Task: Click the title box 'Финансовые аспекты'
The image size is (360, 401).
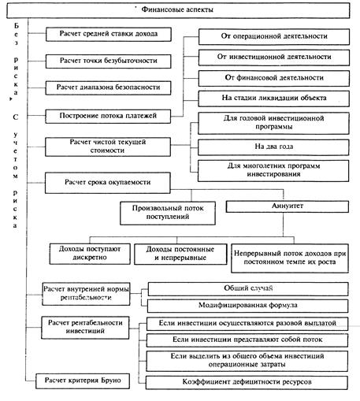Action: coord(178,10)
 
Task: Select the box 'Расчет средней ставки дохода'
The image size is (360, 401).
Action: coord(109,34)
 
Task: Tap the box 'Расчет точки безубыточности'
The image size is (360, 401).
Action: coord(109,61)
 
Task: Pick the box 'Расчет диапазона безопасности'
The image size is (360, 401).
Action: coord(108,87)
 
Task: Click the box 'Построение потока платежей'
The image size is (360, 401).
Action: coord(108,116)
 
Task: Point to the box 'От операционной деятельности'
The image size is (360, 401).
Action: coord(274,36)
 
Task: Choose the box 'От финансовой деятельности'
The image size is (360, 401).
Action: coord(274,78)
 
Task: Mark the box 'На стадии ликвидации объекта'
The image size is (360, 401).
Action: coord(273,98)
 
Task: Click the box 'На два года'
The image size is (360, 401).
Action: coord(273,147)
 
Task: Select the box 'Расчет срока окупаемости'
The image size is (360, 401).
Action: coord(108,183)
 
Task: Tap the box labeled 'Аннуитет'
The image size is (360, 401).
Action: coord(288,206)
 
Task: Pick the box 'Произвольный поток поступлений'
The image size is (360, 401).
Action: coord(168,213)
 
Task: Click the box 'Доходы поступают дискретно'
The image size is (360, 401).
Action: coord(90,254)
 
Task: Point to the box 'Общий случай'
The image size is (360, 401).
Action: coord(248,289)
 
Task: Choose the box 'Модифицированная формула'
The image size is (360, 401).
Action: coord(248,306)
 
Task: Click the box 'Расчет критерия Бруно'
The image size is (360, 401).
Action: coord(83,381)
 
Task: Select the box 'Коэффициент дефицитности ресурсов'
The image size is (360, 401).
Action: coord(247,382)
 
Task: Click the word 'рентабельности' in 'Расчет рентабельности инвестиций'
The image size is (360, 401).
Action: coord(97,323)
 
